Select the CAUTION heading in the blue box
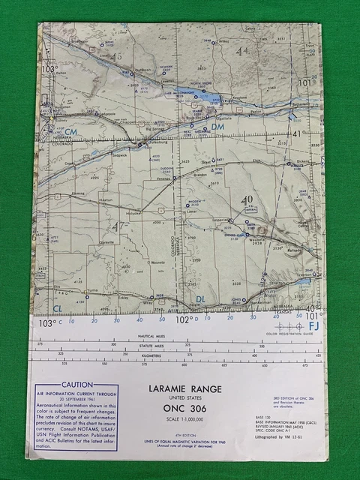coord(77,385)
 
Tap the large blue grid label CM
coord(70,133)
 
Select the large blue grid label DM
coord(217,128)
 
